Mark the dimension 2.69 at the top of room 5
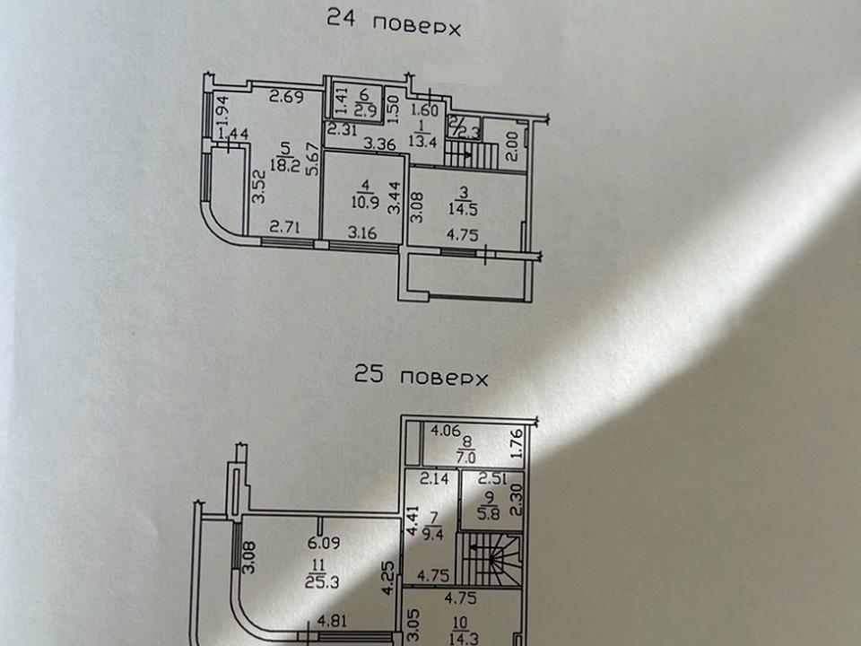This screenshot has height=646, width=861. click(x=285, y=97)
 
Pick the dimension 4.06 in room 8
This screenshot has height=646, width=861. click(x=445, y=431)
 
